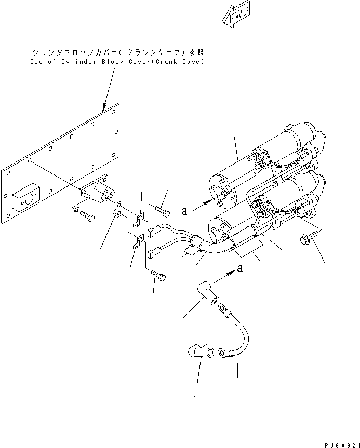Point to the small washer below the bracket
pyautogui.click(x=76, y=210)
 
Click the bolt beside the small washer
pyautogui.click(x=87, y=217)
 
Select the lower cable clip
pyautogui.click(x=138, y=242)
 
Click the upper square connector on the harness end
pyautogui.click(x=153, y=232)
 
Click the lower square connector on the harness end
pyautogui.click(x=153, y=254)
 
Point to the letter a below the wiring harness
pyautogui.click(x=239, y=268)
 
